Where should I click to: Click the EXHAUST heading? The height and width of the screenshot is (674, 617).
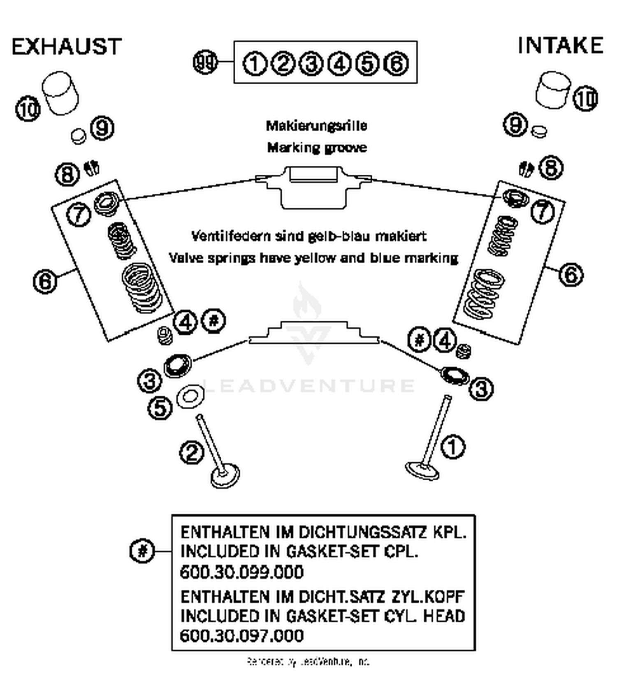click(x=67, y=46)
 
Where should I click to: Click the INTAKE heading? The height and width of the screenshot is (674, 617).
click(x=560, y=45)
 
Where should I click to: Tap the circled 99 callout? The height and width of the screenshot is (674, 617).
click(x=205, y=63)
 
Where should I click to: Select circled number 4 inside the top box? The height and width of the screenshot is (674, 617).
click(x=339, y=64)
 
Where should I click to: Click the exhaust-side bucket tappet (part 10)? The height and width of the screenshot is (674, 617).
click(x=62, y=93)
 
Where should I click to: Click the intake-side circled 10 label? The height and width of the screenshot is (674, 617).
click(x=585, y=99)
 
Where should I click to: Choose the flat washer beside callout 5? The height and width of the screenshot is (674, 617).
click(x=190, y=397)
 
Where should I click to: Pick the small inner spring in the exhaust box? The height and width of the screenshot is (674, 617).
click(x=122, y=241)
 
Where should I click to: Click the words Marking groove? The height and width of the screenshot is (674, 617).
click(x=317, y=148)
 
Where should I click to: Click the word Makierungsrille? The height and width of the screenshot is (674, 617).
click(x=316, y=125)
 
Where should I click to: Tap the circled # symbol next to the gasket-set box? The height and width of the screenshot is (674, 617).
click(x=142, y=550)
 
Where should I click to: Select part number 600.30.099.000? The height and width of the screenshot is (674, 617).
click(x=242, y=572)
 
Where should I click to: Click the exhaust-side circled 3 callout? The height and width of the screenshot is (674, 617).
click(x=149, y=381)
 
